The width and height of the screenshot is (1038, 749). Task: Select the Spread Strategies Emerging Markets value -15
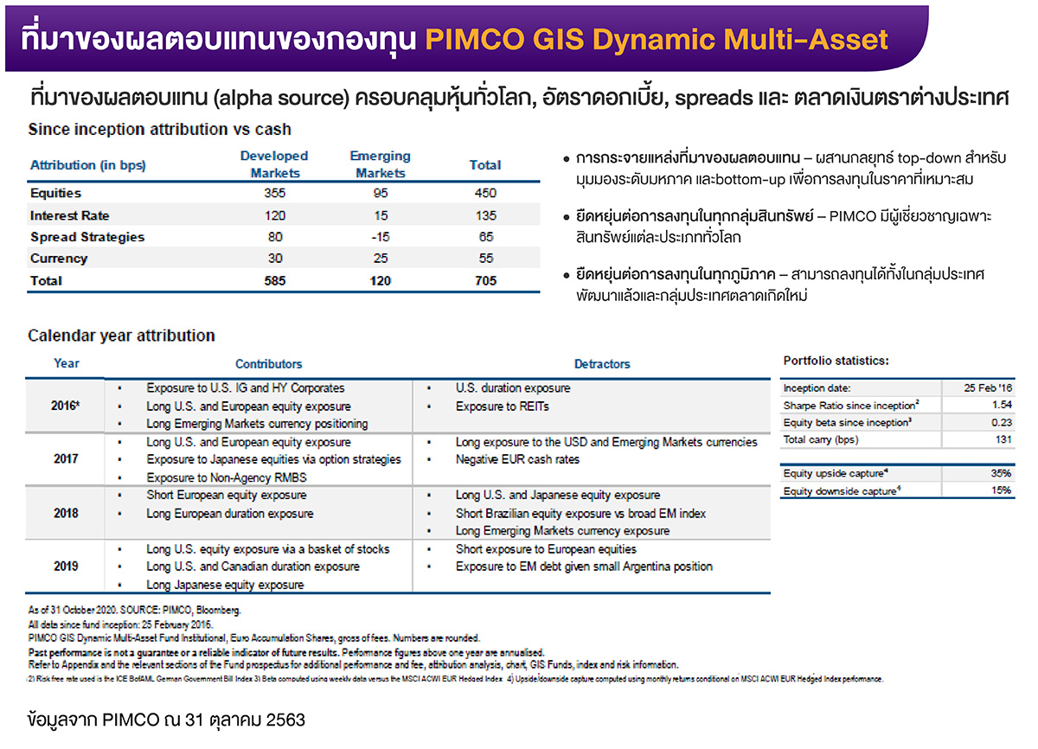tap(380, 237)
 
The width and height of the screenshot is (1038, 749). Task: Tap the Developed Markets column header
tap(274, 164)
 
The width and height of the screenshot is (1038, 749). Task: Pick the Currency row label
tap(59, 259)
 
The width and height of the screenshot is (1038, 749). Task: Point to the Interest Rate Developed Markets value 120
tap(274, 215)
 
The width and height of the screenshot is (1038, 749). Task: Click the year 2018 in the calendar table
tap(66, 513)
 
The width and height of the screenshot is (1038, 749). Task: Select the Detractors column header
tap(602, 364)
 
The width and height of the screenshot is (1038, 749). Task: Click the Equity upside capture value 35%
tap(1000, 473)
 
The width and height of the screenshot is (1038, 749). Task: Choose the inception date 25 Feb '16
tap(987, 388)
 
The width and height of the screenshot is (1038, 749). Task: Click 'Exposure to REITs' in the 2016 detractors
tap(502, 407)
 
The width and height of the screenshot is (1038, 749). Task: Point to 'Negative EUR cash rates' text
tap(517, 460)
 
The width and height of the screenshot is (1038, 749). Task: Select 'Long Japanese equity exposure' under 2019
tap(225, 585)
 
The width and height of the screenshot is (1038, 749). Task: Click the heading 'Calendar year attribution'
tap(122, 336)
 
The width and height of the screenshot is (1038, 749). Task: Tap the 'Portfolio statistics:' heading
tap(836, 361)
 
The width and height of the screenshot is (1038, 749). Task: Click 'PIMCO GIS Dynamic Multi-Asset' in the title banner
tap(657, 39)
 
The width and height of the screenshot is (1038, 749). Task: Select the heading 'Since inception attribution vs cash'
tap(159, 130)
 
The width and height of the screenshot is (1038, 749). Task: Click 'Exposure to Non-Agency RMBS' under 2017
tap(227, 477)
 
